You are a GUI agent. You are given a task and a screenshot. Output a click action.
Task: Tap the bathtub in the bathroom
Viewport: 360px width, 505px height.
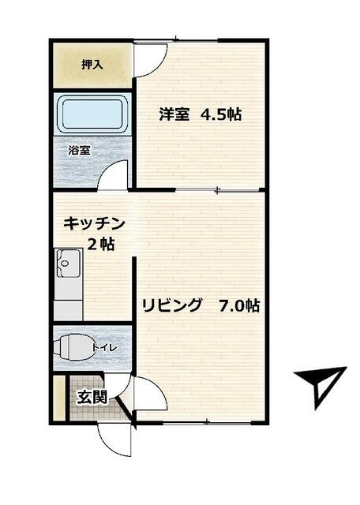coord(92,116)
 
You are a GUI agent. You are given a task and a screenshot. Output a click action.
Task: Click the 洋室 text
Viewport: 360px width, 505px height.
coord(174,114)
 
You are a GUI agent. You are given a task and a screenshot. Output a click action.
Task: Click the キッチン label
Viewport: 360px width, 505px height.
coord(94,223)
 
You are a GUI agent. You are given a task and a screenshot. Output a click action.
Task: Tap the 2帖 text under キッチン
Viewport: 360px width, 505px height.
coord(100,245)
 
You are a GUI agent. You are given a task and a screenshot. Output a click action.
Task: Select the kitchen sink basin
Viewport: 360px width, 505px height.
coord(67,262)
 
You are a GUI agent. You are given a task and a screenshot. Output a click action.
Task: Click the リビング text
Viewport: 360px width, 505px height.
coord(172,305)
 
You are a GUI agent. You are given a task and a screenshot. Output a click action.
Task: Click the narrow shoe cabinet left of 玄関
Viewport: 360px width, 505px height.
coord(58,398)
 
